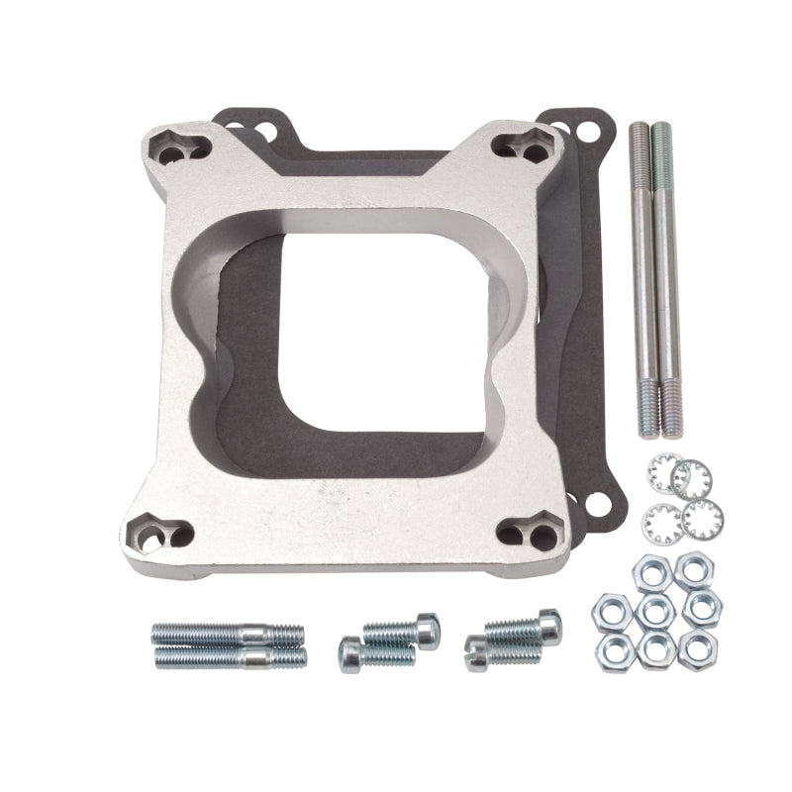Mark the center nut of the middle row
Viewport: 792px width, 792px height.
(x=652, y=610)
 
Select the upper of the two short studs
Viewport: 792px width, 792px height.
(x=227, y=633)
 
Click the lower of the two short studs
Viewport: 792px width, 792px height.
(x=230, y=655)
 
